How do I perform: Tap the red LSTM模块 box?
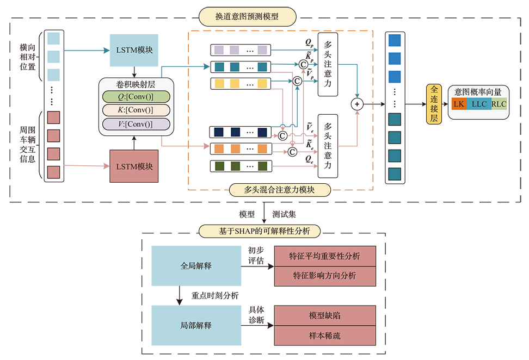(134, 165)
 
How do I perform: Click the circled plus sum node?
(357, 103)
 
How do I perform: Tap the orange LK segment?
(458, 104)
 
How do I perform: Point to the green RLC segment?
(499, 104)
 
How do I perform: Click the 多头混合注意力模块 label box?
(280, 190)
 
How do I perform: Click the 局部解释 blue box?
(195, 325)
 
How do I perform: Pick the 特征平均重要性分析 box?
(324, 256)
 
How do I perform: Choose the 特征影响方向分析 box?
(324, 275)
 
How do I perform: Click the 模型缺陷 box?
(324, 315)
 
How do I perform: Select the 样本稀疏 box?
(324, 336)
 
